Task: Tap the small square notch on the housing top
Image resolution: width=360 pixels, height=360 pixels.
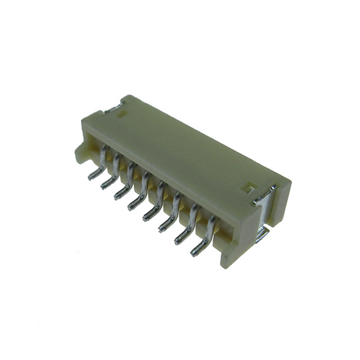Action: [246, 186]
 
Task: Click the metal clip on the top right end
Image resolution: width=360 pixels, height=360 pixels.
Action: [265, 194]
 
